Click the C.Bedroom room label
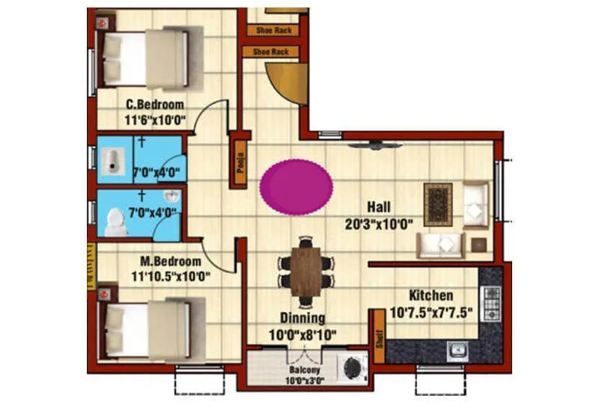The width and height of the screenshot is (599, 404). click(155, 104)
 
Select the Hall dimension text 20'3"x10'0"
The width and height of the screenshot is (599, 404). click(380, 224)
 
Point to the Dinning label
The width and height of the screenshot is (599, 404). click(302, 317)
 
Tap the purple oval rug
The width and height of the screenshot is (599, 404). click(297, 185)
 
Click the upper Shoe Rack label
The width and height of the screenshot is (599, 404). click(273, 31)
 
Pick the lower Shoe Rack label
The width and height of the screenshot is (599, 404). click(270, 52)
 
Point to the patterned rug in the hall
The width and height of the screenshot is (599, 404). click(437, 204)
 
